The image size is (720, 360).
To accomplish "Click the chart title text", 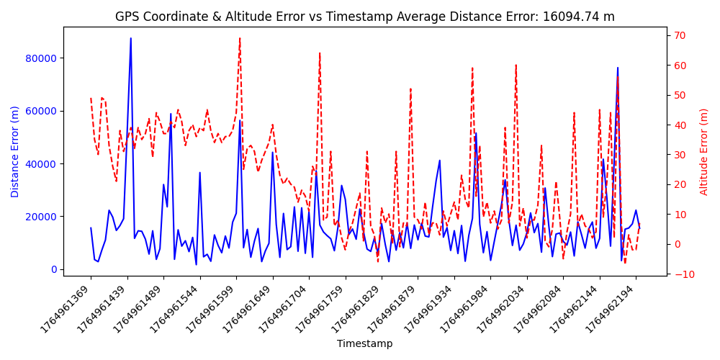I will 365,17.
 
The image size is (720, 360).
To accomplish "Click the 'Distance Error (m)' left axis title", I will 15,151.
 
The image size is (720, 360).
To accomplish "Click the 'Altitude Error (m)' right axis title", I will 704,151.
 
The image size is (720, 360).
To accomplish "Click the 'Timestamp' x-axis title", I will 365,344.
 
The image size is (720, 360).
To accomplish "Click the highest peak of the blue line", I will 130,38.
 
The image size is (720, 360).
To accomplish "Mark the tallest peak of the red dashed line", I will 240,38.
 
